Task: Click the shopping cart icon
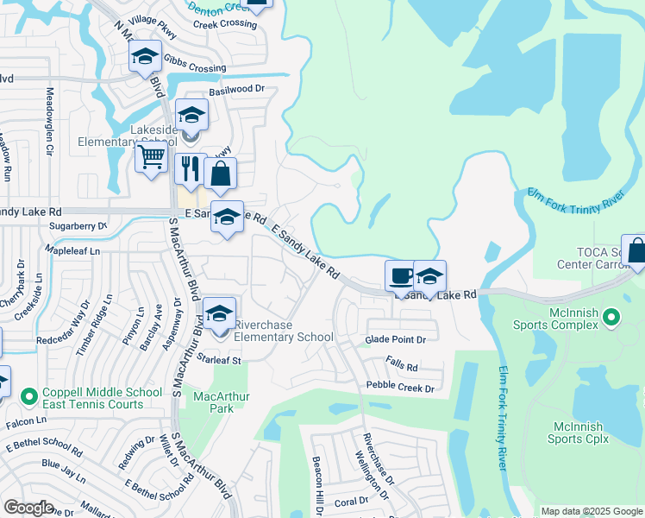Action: click(x=151, y=158)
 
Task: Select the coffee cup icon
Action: click(x=400, y=275)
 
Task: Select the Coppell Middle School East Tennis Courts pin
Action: click(x=30, y=393)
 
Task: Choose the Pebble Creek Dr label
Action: click(x=400, y=388)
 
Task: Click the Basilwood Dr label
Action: click(x=236, y=88)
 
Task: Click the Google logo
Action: click(x=29, y=507)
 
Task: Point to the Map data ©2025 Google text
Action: click(x=591, y=511)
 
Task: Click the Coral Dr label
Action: click(x=351, y=502)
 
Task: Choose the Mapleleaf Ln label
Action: click(x=72, y=250)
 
